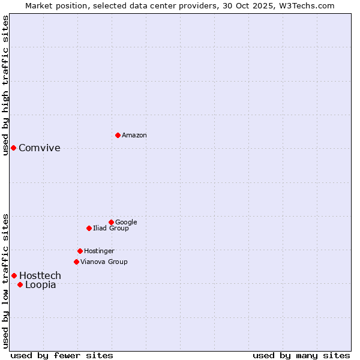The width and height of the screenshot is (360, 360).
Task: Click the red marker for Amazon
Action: [118, 135]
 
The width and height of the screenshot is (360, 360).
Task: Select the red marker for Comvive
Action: [13, 148]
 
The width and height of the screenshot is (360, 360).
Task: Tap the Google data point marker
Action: [111, 222]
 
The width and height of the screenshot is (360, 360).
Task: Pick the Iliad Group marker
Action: [89, 228]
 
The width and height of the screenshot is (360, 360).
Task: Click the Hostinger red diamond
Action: [80, 251]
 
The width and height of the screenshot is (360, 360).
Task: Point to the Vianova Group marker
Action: [76, 262]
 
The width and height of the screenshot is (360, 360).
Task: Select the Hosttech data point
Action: [14, 275]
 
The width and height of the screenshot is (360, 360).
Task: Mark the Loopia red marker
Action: [20, 284]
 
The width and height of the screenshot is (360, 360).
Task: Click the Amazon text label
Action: [134, 136]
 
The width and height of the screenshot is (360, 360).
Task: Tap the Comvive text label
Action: [40, 148]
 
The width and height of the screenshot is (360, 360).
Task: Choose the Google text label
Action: [126, 222]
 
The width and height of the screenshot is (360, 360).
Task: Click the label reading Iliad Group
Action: [111, 228]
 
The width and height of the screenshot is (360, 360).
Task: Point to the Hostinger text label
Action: [99, 251]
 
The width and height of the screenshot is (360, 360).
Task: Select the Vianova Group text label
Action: [104, 262]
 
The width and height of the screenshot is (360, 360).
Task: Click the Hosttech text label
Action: [40, 275]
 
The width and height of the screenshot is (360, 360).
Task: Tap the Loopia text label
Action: [41, 285]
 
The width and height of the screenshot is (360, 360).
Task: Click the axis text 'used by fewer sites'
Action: [62, 355]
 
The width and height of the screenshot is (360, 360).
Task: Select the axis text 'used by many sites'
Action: [301, 355]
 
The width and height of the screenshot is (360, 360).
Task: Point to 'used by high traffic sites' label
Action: [6, 85]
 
